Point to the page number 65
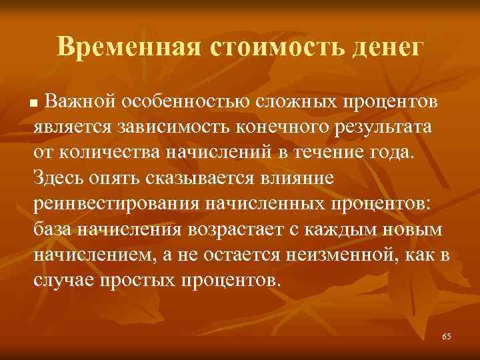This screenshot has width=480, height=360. [446, 337]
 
